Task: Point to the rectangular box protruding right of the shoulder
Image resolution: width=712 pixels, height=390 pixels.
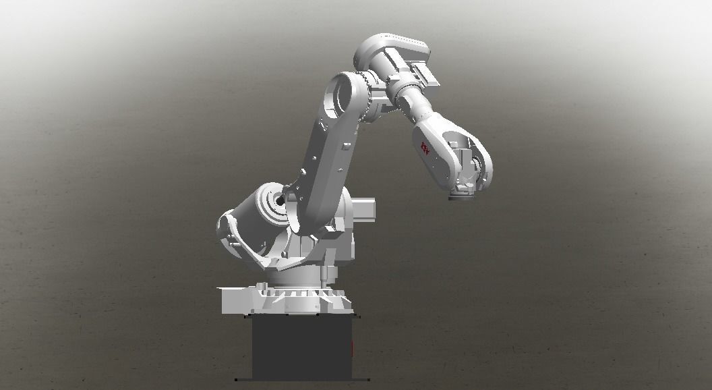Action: pyautogui.click(x=364, y=209)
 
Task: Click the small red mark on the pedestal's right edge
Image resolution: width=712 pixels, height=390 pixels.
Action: pyautogui.click(x=353, y=348)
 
